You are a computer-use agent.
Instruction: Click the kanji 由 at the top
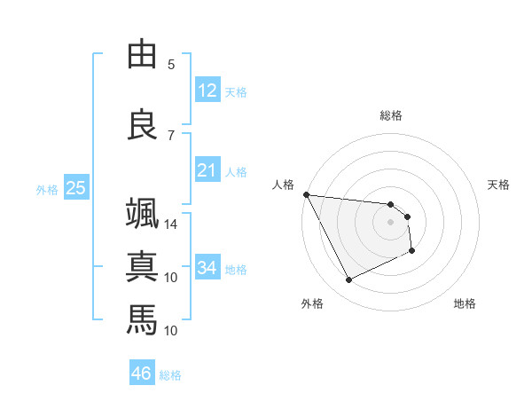[x=142, y=54]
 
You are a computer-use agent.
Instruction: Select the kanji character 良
[x=142, y=123]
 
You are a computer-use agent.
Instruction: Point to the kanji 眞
[x=142, y=265]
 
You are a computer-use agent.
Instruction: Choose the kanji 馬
[x=142, y=317]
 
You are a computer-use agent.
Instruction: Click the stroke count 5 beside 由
[x=171, y=65]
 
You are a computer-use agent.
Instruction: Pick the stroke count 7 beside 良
[x=171, y=135]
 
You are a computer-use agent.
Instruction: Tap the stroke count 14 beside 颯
[x=171, y=224]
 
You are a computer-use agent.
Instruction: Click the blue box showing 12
[x=207, y=90]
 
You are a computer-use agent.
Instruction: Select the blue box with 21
[x=207, y=170]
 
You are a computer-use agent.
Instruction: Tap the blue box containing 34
[x=207, y=268]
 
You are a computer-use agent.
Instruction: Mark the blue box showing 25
[x=75, y=188]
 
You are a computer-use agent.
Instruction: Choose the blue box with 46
[x=142, y=374]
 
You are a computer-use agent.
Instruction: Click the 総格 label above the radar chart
[x=391, y=115]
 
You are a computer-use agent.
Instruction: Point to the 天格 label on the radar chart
[x=498, y=185]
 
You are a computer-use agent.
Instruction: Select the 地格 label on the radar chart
[x=465, y=303]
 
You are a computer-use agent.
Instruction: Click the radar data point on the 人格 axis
[x=306, y=194]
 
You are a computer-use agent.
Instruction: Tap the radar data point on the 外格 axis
[x=348, y=280]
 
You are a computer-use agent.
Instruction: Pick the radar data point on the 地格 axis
[x=412, y=251]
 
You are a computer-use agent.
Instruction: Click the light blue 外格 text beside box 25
[x=47, y=189]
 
